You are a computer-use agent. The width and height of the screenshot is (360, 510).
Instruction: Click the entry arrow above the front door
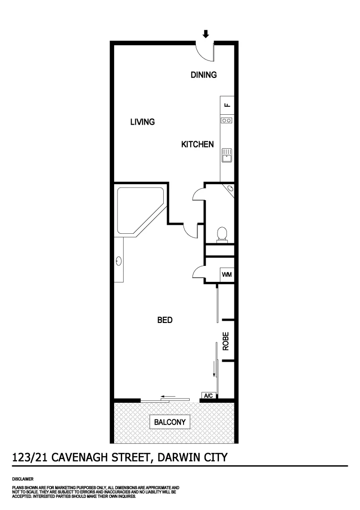205,34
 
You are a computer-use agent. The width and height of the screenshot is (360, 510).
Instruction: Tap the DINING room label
203,75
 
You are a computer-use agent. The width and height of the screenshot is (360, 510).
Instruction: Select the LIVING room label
142,122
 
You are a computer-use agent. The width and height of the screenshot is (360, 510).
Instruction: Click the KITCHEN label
198,144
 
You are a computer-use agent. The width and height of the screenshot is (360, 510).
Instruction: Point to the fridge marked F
227,105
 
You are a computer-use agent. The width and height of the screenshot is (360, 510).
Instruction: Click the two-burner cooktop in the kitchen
227,120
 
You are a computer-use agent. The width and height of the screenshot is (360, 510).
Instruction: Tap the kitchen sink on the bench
227,154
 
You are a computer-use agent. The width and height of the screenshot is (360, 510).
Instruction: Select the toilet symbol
221,234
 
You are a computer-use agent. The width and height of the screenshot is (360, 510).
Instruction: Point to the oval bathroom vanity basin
118,260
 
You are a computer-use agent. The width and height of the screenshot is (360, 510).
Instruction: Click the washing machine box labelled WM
226,274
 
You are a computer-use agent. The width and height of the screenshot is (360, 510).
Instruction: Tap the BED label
165,320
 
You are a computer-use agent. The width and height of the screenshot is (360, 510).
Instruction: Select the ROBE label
226,341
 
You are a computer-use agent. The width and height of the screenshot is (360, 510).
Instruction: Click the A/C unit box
208,395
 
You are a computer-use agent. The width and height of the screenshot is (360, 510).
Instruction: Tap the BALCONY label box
170,422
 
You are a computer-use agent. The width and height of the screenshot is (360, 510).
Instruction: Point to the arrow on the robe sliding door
214,369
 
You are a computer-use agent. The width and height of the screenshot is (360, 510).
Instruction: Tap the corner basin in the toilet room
230,189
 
